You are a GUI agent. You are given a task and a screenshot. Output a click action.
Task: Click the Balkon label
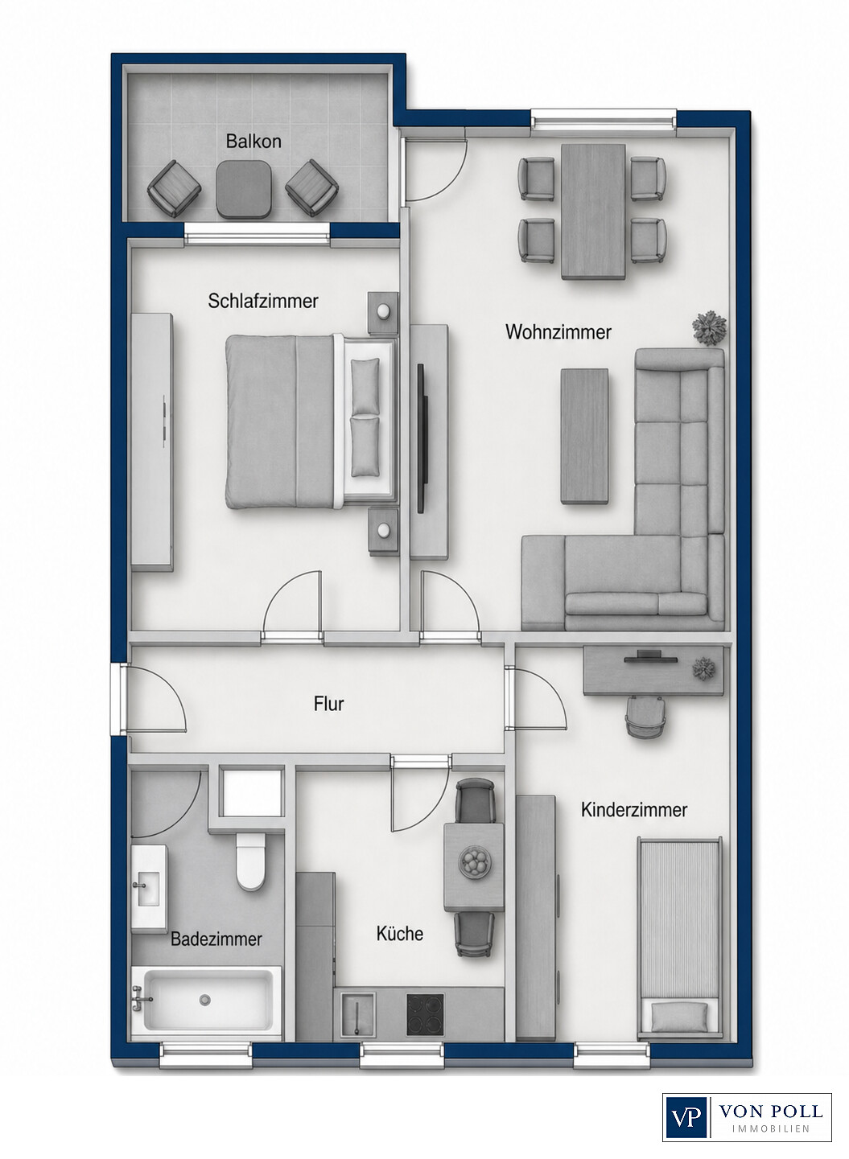pyautogui.click(x=253, y=142)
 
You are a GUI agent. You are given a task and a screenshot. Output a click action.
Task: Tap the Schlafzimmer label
pyautogui.click(x=263, y=301)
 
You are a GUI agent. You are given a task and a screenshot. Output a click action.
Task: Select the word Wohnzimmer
pyautogui.click(x=558, y=332)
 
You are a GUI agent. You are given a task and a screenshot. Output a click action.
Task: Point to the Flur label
pyautogui.click(x=328, y=704)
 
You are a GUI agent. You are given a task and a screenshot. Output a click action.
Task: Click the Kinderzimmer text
pyautogui.click(x=634, y=810)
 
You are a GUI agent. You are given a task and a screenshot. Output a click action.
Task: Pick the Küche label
pyautogui.click(x=400, y=934)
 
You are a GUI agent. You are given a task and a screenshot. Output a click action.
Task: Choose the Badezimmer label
pyautogui.click(x=216, y=939)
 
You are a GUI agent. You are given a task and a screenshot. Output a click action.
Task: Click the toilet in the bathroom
pyautogui.click(x=250, y=861)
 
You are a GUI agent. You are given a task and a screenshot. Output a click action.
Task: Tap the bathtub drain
pyautogui.click(x=207, y=1000)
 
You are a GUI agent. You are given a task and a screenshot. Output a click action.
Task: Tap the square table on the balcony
pyautogui.click(x=243, y=189)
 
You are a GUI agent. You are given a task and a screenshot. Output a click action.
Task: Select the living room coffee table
pyautogui.click(x=585, y=436)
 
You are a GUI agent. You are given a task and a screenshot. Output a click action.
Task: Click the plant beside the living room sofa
pyautogui.click(x=709, y=328)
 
